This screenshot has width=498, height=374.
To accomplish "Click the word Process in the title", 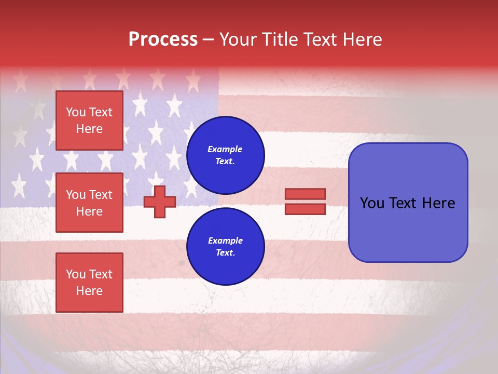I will tap(163, 39).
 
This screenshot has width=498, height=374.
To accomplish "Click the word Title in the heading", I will tap(279, 39).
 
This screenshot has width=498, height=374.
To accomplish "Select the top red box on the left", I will tap(89, 121).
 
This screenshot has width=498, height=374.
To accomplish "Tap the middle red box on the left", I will tap(89, 203).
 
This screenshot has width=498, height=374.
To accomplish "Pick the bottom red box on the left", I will tap(89, 282).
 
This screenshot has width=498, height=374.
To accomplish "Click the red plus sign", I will tap(160, 202).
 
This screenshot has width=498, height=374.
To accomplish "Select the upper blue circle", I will tap(225, 155).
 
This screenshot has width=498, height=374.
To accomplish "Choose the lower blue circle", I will tap(225, 247).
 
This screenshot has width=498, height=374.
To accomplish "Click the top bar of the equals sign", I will tap(305, 194).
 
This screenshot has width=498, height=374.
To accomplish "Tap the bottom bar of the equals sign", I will tap(305, 209).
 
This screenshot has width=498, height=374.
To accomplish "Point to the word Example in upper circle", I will tap(225, 150).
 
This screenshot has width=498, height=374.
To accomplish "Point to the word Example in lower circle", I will tap(225, 241).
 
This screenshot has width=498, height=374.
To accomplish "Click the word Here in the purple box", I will tap(438, 203).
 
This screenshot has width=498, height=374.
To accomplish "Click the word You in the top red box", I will tap(76, 112).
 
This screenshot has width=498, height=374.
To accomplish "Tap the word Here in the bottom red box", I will tap(89, 291).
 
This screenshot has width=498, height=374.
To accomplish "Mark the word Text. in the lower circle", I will tap(225, 253).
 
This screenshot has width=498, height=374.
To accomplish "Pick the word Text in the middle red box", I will tap(101, 195).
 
